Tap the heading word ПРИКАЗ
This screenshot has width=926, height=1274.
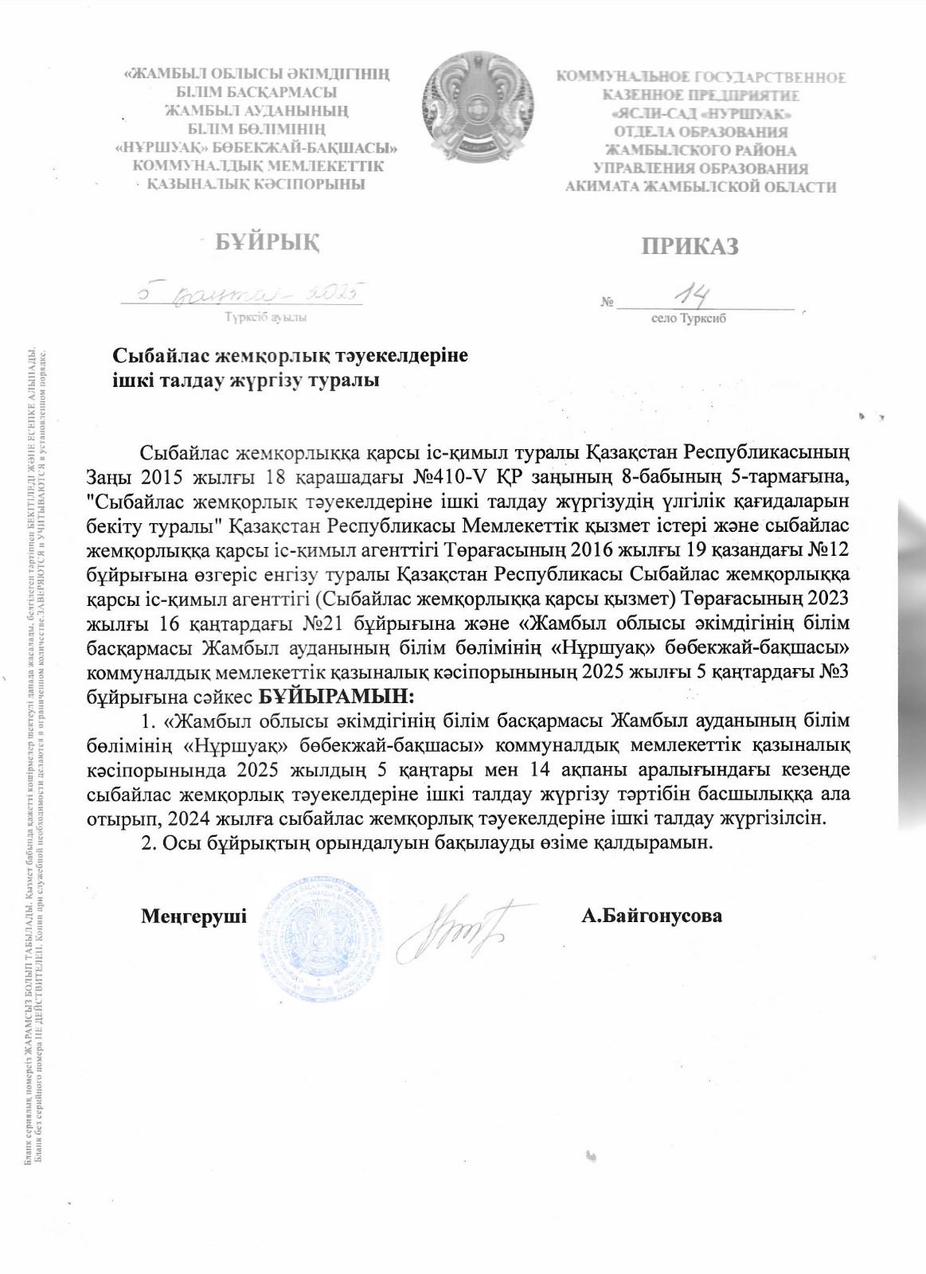pos(690,246)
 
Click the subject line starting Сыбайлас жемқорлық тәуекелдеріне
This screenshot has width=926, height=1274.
pos(289,356)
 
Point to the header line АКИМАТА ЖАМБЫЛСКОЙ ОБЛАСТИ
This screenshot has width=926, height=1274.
pos(701,187)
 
